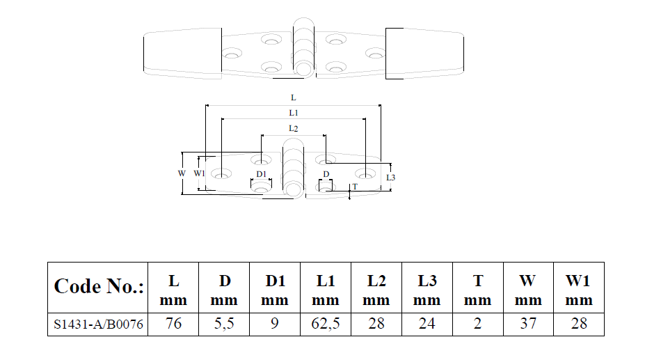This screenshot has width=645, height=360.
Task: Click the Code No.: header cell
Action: click(x=98, y=287)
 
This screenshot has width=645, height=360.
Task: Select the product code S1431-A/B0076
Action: click(x=98, y=324)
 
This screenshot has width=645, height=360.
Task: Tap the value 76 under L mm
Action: click(x=173, y=324)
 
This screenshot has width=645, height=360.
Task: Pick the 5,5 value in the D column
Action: click(x=224, y=324)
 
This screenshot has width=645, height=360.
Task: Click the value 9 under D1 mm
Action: click(x=274, y=324)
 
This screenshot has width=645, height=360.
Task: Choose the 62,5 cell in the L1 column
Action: click(x=326, y=324)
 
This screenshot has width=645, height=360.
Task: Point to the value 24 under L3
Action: click(x=427, y=324)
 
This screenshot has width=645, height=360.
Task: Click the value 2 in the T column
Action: click(x=477, y=324)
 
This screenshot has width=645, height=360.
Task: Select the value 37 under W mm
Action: click(x=528, y=324)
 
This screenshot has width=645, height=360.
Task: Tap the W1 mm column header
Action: click(x=579, y=290)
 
